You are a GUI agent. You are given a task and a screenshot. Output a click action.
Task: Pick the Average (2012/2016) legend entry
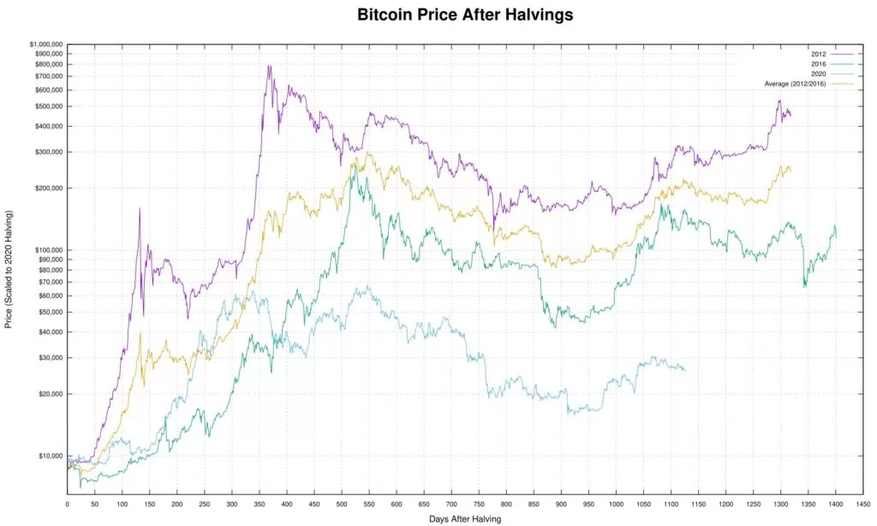tap(794, 83)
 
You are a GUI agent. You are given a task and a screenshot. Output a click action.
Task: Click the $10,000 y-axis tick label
tap(50, 456)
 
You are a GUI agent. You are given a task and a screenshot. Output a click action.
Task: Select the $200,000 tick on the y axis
tap(48, 188)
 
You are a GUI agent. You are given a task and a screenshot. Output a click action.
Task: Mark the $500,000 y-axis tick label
tap(48, 106)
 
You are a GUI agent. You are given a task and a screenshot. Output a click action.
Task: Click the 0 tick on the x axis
tap(67, 503)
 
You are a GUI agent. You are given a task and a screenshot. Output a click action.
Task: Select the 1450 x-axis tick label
tap(862, 503)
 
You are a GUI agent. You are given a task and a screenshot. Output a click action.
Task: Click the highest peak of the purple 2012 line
tap(270, 65)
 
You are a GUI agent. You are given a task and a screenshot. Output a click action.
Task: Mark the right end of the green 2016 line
tap(836, 236)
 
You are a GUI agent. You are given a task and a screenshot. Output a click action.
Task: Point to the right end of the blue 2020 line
tap(685, 370)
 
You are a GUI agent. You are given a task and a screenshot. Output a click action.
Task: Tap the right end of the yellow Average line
tap(790, 170)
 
